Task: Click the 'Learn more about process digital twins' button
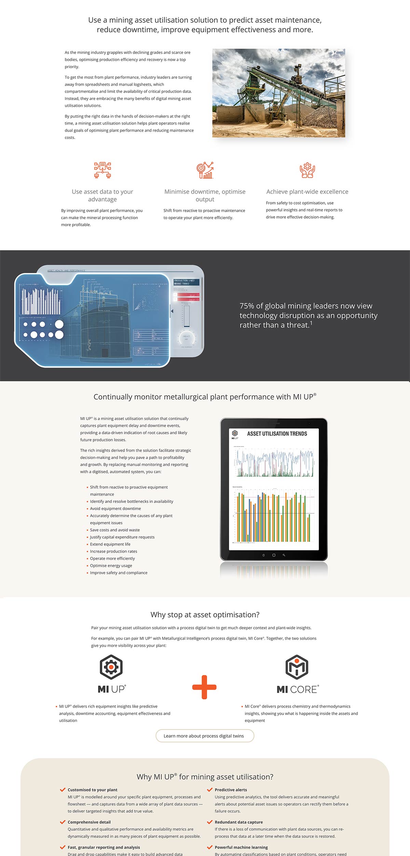tap(205, 736)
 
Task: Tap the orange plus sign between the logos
tap(204, 687)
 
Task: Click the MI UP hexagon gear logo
tap(111, 666)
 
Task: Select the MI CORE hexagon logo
tap(297, 667)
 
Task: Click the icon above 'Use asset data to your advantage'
tap(102, 170)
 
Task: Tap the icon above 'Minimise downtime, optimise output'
tap(205, 170)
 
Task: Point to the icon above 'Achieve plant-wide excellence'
tap(307, 170)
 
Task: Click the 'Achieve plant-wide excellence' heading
tap(307, 192)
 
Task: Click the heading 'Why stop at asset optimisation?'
tap(205, 615)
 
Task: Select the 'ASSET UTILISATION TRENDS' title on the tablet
tap(277, 433)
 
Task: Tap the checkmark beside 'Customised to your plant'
tap(63, 790)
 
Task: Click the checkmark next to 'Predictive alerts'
tap(210, 790)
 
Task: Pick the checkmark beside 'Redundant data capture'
tap(210, 822)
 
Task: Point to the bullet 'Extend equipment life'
tap(110, 544)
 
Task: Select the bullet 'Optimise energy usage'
tap(111, 566)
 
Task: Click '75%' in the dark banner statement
tap(247, 306)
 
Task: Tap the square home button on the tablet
tap(274, 555)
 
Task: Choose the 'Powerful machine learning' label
tap(241, 847)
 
